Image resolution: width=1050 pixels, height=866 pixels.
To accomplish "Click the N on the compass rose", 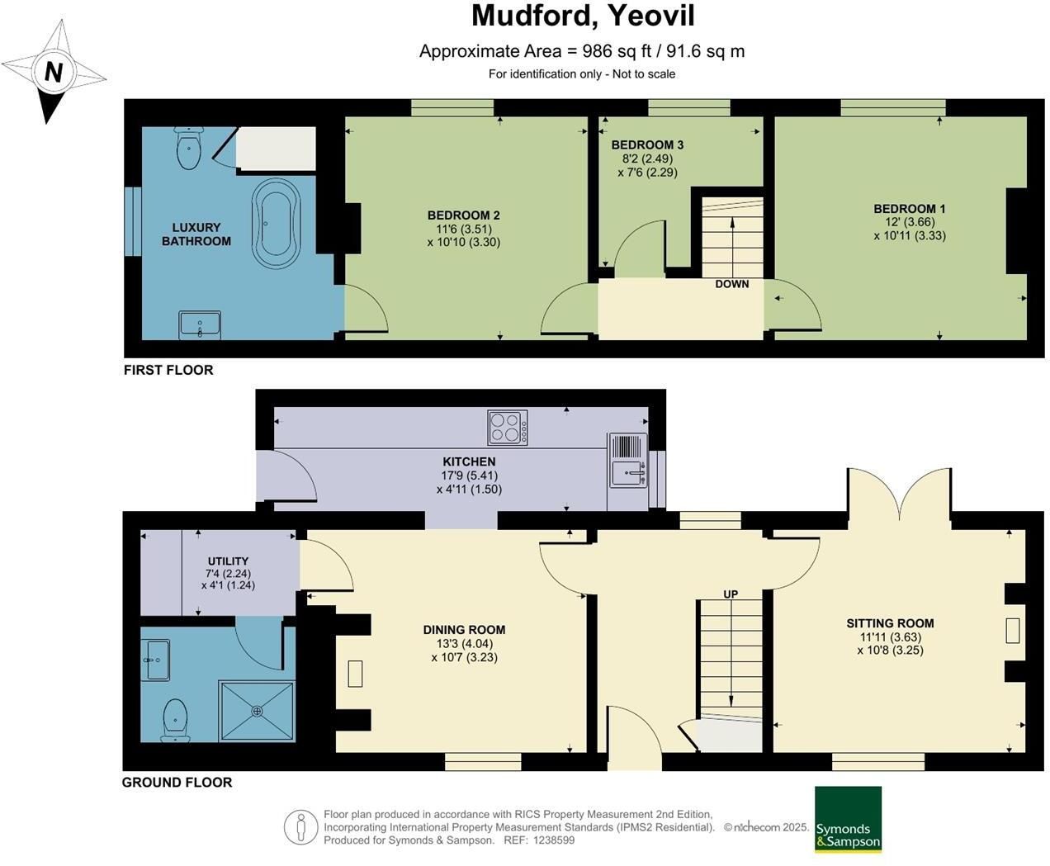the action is tap(54, 72).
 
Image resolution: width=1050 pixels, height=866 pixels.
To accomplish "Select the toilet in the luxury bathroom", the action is tap(188, 148).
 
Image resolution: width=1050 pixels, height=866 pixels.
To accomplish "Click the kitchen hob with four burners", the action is tap(508, 428).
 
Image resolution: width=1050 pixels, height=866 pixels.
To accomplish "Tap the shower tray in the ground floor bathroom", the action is tap(257, 711).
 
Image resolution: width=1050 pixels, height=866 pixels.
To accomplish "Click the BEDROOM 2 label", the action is tap(464, 215).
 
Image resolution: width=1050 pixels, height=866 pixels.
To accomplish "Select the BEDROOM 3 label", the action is tap(647, 144).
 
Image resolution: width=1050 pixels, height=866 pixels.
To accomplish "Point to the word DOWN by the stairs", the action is tap(732, 284).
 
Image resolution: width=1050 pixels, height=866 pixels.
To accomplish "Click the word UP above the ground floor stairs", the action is tap(731, 594).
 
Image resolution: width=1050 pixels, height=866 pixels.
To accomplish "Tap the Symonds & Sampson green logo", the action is tap(848, 819).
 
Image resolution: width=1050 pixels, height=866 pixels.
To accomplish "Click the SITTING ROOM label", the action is tap(890, 623).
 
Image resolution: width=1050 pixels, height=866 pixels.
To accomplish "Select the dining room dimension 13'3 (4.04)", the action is tap(465, 644).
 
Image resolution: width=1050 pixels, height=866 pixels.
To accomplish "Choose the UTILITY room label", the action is tap(229, 561).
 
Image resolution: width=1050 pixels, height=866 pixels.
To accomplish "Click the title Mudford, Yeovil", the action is tap(583, 16).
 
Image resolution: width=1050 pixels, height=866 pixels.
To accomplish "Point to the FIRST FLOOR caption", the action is tap(168, 370).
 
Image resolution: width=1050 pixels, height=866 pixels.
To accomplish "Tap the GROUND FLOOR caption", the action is tap(177, 783).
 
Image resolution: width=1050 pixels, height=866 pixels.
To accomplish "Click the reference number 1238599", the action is tap(553, 840).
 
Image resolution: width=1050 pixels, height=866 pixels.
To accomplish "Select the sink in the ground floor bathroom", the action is tap(155, 660).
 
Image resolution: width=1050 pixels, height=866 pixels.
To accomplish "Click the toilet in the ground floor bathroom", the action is tap(176, 720).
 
